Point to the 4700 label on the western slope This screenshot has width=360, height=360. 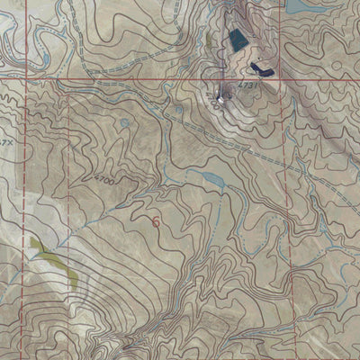coord(105,180)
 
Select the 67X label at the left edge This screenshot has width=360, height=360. coord(5,141)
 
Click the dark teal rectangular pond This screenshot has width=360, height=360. coord(238,39)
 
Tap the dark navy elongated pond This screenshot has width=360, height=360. coord(262,67)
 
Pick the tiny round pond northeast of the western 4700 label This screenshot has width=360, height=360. coord(124,122)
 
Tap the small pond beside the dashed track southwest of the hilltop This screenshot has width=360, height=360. coord(179,110)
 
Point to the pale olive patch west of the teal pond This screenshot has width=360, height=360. coord(210,41)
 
